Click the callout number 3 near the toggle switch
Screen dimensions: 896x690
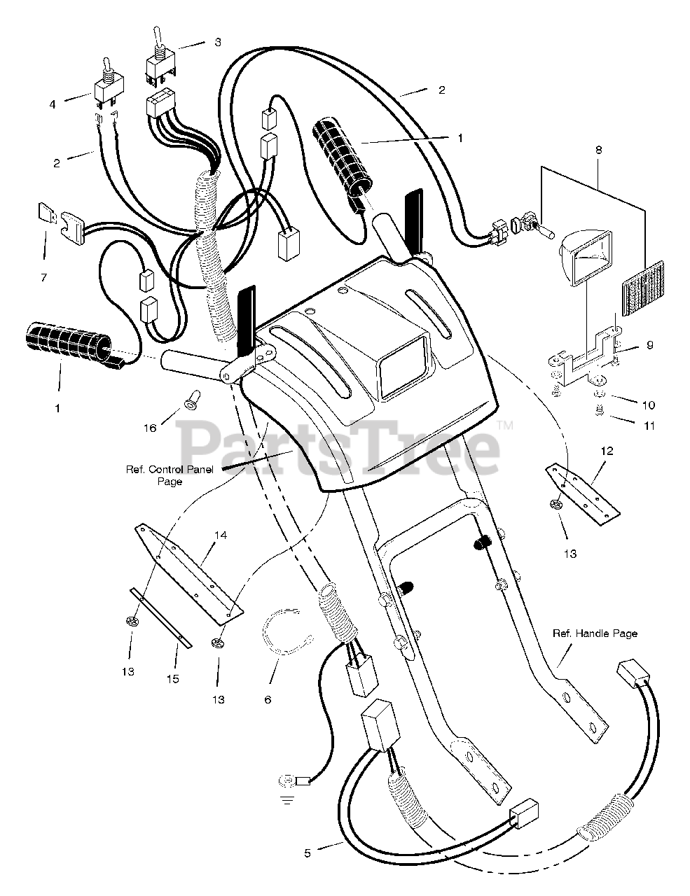coord(217,42)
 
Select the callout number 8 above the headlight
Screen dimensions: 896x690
coord(598,150)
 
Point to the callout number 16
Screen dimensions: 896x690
coord(149,428)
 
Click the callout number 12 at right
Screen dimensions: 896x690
coord(607,451)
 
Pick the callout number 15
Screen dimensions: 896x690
coord(173,678)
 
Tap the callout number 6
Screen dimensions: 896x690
coord(267,699)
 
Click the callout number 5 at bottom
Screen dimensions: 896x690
coord(308,853)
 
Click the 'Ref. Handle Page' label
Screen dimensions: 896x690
coord(595,633)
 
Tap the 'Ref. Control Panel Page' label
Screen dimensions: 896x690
coord(169,475)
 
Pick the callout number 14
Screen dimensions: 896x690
coord(220,535)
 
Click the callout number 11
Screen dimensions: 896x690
coord(649,426)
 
